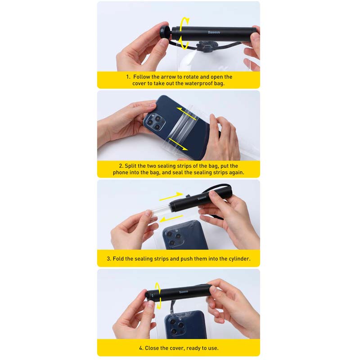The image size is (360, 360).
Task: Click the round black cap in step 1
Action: point(164,31)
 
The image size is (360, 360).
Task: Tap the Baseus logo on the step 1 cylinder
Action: point(214,32)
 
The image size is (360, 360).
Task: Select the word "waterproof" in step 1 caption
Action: point(198,83)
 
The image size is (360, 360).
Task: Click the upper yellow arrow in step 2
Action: point(187,114)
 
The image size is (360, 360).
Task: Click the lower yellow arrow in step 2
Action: point(178,144)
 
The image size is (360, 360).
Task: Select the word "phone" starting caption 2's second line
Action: point(120,172)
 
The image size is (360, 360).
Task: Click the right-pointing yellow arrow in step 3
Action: point(171,196)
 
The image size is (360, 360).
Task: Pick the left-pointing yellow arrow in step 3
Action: point(171,219)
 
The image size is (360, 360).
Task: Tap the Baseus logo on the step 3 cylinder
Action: point(202,198)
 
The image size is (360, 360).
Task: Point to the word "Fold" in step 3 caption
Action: point(118,259)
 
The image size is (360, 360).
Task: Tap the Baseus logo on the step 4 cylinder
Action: point(184,292)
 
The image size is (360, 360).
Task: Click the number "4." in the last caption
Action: point(141,348)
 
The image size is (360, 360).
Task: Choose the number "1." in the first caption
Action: point(128,77)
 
